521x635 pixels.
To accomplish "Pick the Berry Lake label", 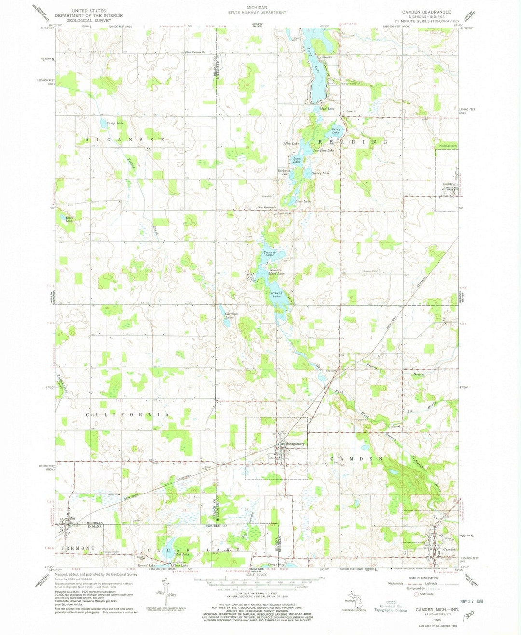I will pos(336,130).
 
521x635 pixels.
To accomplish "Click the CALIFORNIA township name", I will pos(127,415).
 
